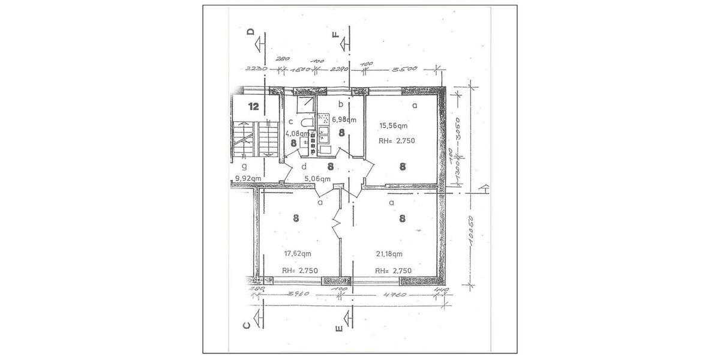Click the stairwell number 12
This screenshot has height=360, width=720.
click(253, 107)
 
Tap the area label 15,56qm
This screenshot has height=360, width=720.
click(392, 126)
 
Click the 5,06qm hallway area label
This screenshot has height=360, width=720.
click(317, 178)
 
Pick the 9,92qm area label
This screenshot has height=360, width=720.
click(247, 178)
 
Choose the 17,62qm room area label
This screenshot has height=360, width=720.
click(297, 253)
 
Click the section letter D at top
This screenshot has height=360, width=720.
click(251, 32)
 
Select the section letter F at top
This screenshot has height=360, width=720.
click(336, 32)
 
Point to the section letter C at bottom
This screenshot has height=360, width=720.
click(246, 326)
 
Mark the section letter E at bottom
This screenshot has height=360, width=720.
click(339, 328)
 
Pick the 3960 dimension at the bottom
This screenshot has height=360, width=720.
click(298, 294)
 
